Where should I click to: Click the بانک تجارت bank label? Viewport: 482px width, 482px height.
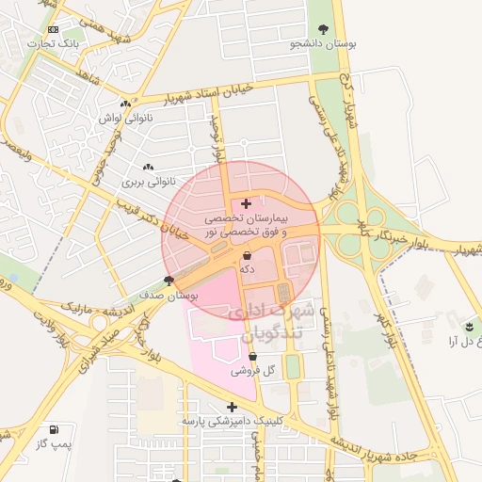[55, 43]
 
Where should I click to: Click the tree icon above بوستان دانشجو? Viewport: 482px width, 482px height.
[324, 29]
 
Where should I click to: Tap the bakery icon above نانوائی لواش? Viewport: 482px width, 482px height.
[125, 104]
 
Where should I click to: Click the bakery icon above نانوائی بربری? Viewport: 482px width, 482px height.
[149, 166]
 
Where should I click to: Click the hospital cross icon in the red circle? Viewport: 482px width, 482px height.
[247, 203]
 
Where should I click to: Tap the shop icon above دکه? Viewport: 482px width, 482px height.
[247, 255]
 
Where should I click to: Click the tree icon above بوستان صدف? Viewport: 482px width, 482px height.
[169, 281]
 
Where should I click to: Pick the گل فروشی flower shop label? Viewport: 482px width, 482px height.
[259, 371]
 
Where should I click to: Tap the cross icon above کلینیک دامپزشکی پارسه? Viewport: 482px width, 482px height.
[232, 407]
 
